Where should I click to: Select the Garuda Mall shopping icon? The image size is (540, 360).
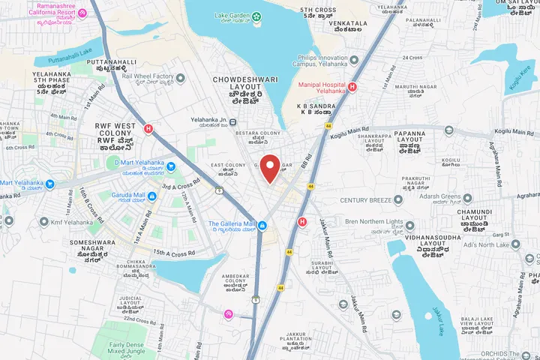(152, 197)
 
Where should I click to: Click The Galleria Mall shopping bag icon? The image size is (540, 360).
(262, 225)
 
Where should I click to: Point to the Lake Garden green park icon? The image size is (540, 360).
(257, 16)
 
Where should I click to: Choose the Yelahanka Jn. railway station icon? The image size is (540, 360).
(233, 122)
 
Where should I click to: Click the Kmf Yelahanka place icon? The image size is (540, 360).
(43, 222)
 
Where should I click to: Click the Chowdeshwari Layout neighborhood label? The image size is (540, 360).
(246, 84)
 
